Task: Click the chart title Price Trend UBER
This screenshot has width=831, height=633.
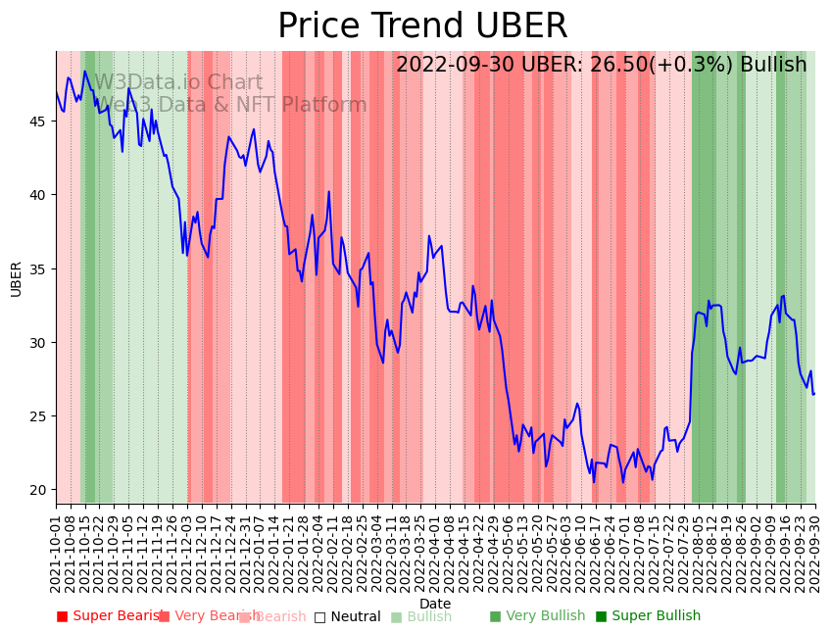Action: click(x=422, y=26)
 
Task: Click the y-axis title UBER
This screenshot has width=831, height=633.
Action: click(x=16, y=278)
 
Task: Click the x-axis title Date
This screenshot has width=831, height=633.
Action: click(x=435, y=604)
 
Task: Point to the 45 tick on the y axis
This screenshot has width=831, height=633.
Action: click(x=40, y=122)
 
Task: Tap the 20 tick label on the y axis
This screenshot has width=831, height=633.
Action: click(x=40, y=490)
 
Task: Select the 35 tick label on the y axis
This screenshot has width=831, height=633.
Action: click(x=40, y=268)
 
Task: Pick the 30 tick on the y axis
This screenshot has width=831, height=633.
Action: click(x=40, y=343)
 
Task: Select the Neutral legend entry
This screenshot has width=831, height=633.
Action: click(x=347, y=616)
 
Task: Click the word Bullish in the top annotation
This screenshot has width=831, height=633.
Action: click(x=773, y=65)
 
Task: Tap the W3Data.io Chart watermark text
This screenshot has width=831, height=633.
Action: click(x=177, y=83)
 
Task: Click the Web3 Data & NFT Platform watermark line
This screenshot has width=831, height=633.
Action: click(x=230, y=105)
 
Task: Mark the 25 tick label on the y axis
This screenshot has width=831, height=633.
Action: click(x=40, y=416)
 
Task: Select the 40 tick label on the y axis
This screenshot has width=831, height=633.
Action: click(x=40, y=195)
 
